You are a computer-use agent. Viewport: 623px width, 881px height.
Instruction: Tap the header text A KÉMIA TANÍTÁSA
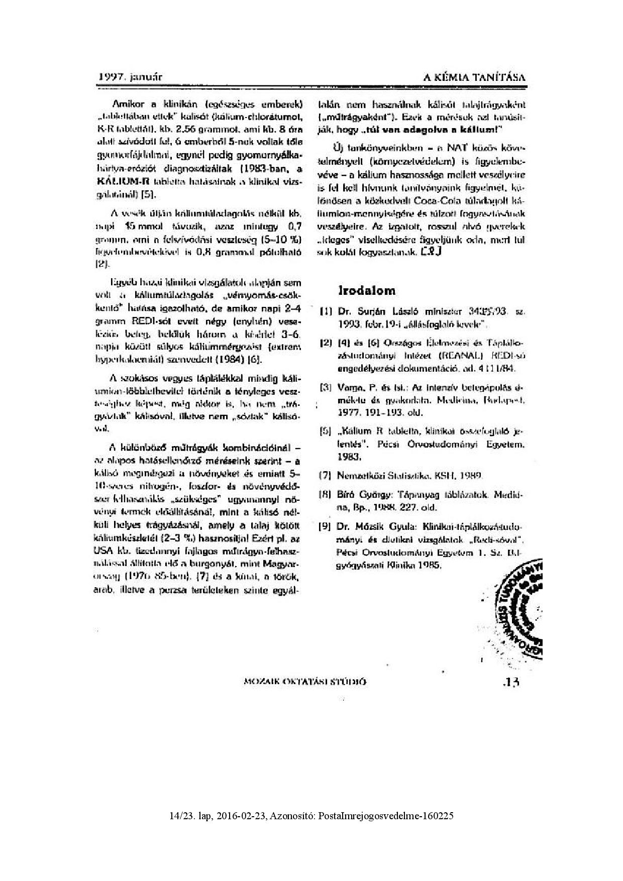pos(475,77)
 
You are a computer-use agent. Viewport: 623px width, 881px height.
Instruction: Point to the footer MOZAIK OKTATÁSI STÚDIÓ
pos(305,682)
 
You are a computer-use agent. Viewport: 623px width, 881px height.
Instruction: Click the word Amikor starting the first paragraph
pos(127,105)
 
